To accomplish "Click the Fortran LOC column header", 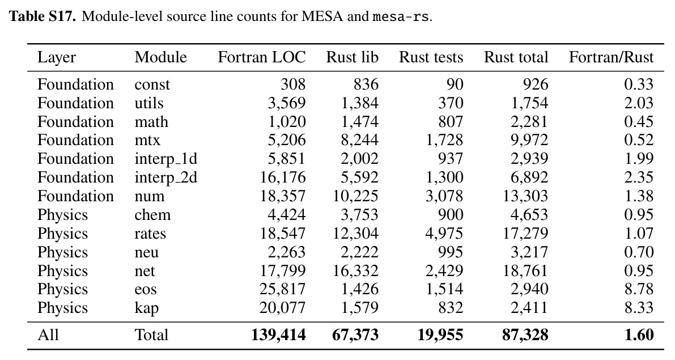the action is coord(262,57).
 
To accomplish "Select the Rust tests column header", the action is coord(431,57).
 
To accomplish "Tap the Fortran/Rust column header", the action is coord(612,57).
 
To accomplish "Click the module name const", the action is coord(152,84).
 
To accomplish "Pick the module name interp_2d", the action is coord(165,177).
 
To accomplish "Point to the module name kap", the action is coord(146,308).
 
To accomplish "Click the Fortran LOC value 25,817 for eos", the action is coord(282,289).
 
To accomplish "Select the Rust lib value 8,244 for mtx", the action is coord(359,140).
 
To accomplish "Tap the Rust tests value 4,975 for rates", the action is coord(444,234).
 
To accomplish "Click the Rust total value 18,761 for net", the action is coord(525,270).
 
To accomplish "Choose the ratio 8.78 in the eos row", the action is coord(639,289).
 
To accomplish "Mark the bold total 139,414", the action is coord(278,334).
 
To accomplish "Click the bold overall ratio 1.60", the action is coord(639,334).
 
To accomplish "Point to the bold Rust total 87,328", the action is coord(525,334).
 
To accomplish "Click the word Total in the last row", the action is coord(151,334).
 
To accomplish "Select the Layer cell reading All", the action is coord(48,334).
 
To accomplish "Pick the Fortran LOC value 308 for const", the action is coord(293,84).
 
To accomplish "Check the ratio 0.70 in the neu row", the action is coord(639,252).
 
